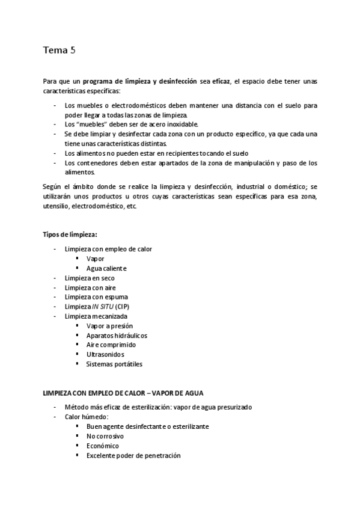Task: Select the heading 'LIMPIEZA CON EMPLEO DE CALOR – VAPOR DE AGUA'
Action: click(123, 393)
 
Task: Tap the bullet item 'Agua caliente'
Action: click(106, 268)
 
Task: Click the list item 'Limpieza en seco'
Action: click(90, 278)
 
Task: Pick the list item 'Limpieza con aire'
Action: click(90, 287)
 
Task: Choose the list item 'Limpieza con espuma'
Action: click(96, 297)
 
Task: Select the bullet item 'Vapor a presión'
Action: click(109, 326)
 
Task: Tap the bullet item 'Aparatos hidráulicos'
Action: click(117, 336)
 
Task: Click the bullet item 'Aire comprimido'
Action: click(111, 345)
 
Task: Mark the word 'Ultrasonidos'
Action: click(105, 355)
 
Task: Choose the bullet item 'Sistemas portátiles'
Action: click(114, 364)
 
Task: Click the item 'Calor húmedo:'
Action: click(86, 417)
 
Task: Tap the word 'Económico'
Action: click(103, 446)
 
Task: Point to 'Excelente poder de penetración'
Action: click(133, 455)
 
